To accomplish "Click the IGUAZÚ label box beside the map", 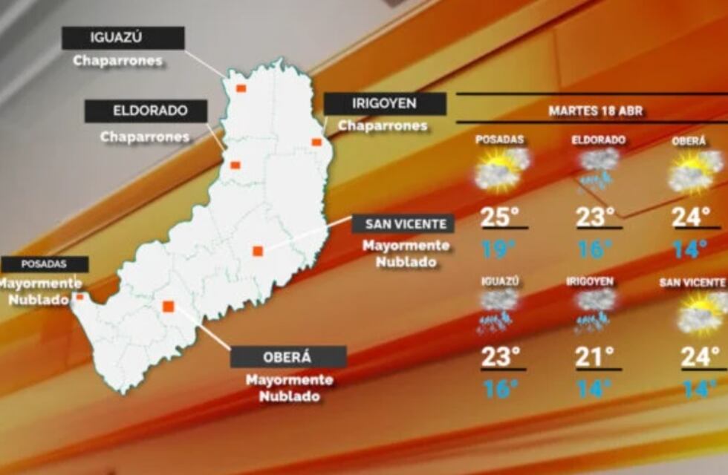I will (x=123, y=38).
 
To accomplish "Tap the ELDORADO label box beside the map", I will (x=146, y=111).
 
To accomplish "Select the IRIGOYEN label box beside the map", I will (x=385, y=103).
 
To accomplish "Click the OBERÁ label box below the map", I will (x=288, y=357).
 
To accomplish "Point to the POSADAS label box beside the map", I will (x=45, y=264).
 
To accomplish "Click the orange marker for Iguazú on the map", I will (x=241, y=88).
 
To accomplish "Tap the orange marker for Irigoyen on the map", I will (x=316, y=142).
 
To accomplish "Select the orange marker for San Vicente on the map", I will (x=258, y=251).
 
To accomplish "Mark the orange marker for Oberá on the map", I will (x=169, y=306).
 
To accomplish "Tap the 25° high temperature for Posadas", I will (x=499, y=217).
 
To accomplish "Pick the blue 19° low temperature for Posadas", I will (x=496, y=249).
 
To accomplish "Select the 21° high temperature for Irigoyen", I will (x=595, y=357).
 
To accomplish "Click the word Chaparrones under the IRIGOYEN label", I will (x=383, y=126).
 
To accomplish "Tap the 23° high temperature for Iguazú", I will (x=499, y=357).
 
